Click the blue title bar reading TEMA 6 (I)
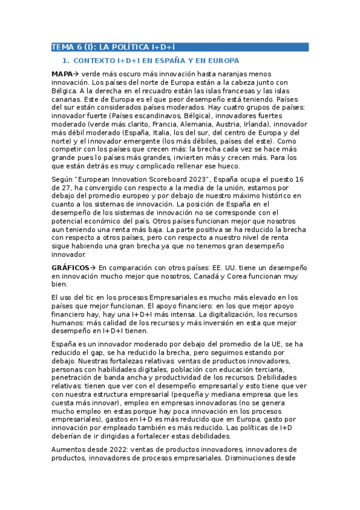[x=180, y=47]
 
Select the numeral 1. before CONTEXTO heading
[x=66, y=61]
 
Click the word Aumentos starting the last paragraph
[x=69, y=449]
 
